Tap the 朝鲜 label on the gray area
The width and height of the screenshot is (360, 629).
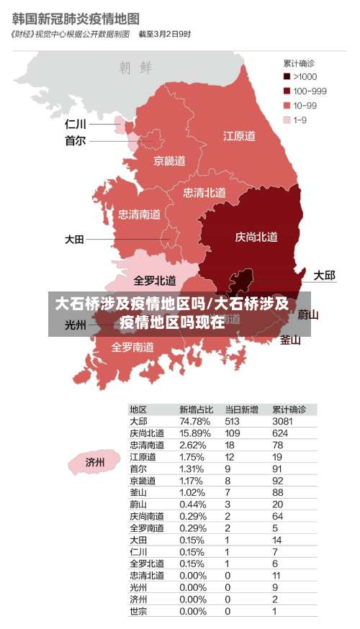(x=135, y=68)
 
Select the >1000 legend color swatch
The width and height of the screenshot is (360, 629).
(x=287, y=76)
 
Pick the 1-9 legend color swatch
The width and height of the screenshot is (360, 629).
(x=287, y=120)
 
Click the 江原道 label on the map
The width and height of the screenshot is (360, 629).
(x=239, y=135)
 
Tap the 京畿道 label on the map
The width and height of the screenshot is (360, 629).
(x=169, y=160)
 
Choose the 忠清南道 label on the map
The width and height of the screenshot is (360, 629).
(x=139, y=214)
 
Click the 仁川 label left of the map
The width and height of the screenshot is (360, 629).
(x=76, y=124)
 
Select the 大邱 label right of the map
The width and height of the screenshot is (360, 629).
(x=324, y=275)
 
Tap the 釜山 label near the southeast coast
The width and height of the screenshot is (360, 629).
(x=290, y=340)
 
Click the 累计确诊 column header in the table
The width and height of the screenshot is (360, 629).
(x=289, y=409)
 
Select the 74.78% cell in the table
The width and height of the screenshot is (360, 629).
(x=194, y=421)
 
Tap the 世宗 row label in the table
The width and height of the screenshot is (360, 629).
(x=138, y=612)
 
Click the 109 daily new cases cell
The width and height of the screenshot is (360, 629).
(x=233, y=433)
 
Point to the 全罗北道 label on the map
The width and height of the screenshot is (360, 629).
(x=155, y=280)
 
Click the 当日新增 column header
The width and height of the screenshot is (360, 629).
(x=241, y=409)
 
